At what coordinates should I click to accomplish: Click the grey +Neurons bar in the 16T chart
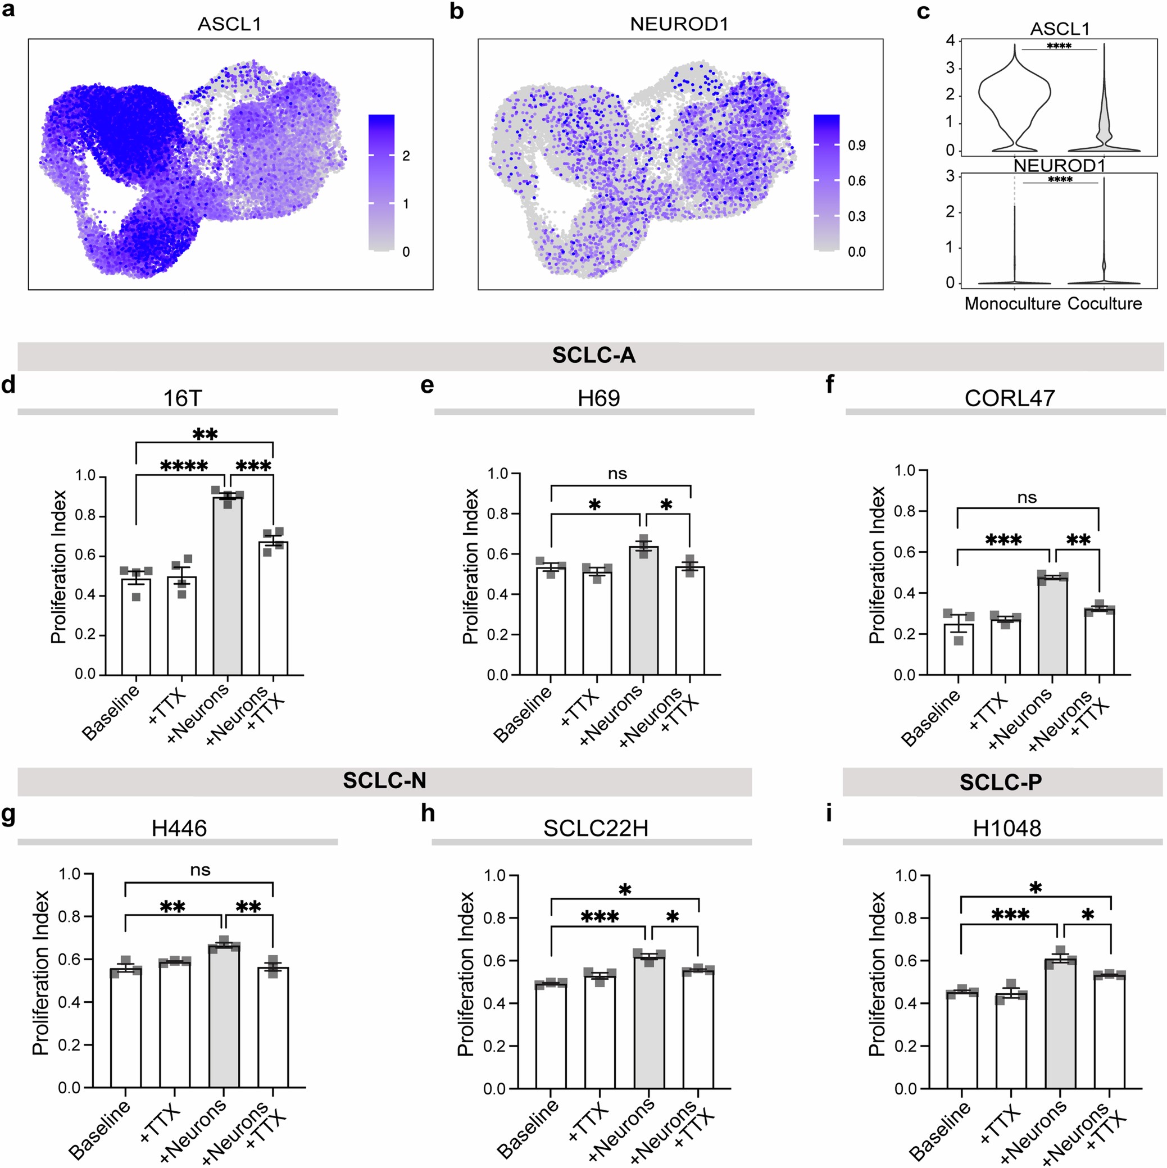pos(228,587)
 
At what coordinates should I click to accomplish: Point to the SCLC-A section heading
pos(593,356)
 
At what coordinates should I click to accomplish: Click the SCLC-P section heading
pos(1001,782)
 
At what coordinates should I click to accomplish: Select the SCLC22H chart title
pos(595,828)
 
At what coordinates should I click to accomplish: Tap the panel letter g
pos(8,814)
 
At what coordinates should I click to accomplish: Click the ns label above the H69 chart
pos(617,474)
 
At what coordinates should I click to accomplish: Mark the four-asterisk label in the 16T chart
pos(184,467)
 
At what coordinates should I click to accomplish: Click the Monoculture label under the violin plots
pos(1012,303)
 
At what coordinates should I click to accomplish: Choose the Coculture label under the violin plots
pos(1104,303)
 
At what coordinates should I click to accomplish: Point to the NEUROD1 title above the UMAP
pos(679,24)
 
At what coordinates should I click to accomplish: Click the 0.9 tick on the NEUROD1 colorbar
pos(856,146)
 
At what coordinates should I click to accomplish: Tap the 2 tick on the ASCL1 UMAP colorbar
pos(406,156)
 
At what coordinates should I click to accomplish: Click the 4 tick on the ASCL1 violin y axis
pos(951,41)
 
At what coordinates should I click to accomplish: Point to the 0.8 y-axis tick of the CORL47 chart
pos(904,511)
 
